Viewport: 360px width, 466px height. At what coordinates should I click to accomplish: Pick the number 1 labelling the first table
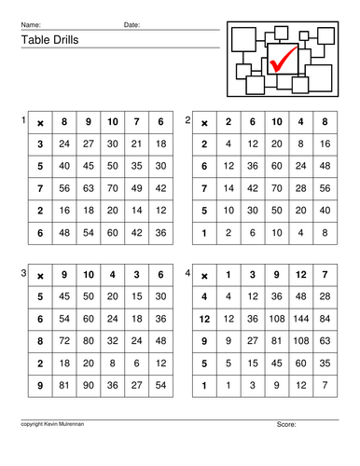coord(22,121)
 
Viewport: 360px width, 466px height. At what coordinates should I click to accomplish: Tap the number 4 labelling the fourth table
coord(188,273)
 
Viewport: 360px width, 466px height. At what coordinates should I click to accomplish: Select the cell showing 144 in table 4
coord(300,318)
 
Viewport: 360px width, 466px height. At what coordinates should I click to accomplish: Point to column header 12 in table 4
coord(300,274)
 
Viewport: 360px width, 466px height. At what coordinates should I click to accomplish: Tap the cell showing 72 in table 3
coord(64,339)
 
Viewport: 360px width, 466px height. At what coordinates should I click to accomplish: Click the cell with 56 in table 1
coord(64,188)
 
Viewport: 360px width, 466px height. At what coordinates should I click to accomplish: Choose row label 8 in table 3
coord(40,339)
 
